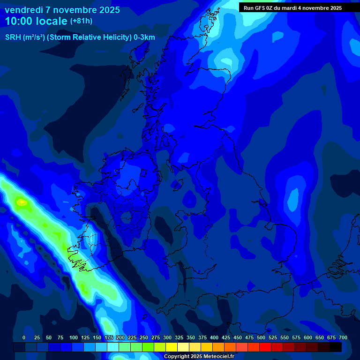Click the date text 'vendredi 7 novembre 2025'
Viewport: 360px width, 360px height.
(x=62, y=10)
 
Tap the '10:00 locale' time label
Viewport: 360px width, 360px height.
(x=37, y=21)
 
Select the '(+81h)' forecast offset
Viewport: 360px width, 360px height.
(x=81, y=21)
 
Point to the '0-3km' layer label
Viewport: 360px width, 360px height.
(x=144, y=37)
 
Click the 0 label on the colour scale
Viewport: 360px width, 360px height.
(x=24, y=338)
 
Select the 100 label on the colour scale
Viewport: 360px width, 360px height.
(x=73, y=338)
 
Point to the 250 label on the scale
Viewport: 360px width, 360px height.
(x=143, y=338)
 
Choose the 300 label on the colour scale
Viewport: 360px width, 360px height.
(x=167, y=338)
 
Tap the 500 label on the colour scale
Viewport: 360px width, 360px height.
(x=261, y=338)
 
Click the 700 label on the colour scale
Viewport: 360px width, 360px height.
(x=343, y=338)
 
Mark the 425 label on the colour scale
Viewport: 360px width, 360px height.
(x=225, y=338)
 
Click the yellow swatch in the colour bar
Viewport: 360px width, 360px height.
(x=172, y=347)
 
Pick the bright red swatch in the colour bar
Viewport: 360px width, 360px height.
(x=265, y=347)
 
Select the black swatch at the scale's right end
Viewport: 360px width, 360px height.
(x=336, y=347)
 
